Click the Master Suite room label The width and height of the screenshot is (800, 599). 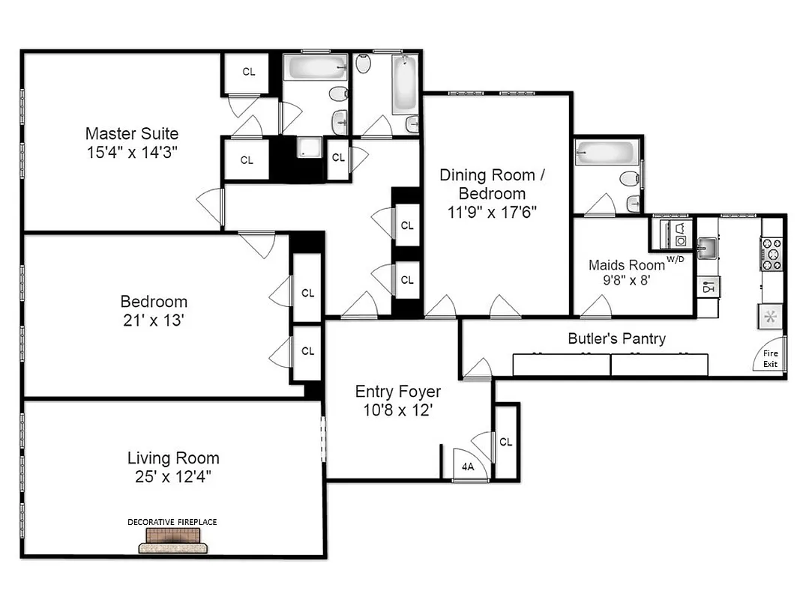(132, 134)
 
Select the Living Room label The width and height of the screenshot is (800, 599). (173, 458)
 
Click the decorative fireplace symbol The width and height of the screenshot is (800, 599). (175, 539)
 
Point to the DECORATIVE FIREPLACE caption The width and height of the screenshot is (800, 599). (172, 521)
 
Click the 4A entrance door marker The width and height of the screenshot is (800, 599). (468, 466)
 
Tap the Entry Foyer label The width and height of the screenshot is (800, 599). (397, 392)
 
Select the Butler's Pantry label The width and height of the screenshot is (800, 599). (616, 338)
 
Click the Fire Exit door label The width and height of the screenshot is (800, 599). (770, 359)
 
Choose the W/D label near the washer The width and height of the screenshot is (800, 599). (676, 259)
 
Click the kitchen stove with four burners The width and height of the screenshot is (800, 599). (772, 254)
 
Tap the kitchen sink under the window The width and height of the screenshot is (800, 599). (706, 247)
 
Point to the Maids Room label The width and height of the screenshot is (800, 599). (626, 264)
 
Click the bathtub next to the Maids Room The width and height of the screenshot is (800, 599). (608, 155)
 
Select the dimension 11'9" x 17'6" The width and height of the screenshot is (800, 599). (492, 212)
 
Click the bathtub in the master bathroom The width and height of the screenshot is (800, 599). (315, 69)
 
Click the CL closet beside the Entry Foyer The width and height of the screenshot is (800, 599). (505, 442)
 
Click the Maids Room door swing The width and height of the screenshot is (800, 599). (596, 306)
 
